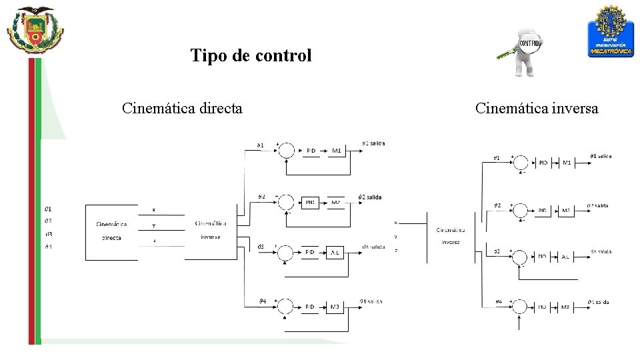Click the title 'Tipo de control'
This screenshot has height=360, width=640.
click(251, 55)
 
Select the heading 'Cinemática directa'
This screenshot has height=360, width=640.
click(182, 108)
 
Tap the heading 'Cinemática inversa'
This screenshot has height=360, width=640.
click(537, 108)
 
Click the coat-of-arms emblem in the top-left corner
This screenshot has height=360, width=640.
click(35, 30)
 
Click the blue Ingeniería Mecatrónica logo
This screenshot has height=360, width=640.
click(610, 31)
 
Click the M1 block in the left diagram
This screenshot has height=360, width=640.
click(337, 151)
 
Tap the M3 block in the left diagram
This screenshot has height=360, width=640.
click(335, 307)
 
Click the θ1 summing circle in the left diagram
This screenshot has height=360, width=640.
click(285, 151)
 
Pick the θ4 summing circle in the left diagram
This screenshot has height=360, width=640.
click(285, 307)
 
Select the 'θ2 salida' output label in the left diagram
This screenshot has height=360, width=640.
click(370, 197)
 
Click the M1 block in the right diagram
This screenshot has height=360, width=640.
click(567, 163)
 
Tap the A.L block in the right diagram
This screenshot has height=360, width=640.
click(565, 257)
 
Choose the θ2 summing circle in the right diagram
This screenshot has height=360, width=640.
click(521, 211)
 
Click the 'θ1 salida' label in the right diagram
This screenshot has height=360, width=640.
click(600, 157)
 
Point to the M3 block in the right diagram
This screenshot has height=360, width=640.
click(565, 307)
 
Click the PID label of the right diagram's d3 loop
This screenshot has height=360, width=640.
click(543, 257)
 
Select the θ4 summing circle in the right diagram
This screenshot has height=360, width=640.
click(521, 307)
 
